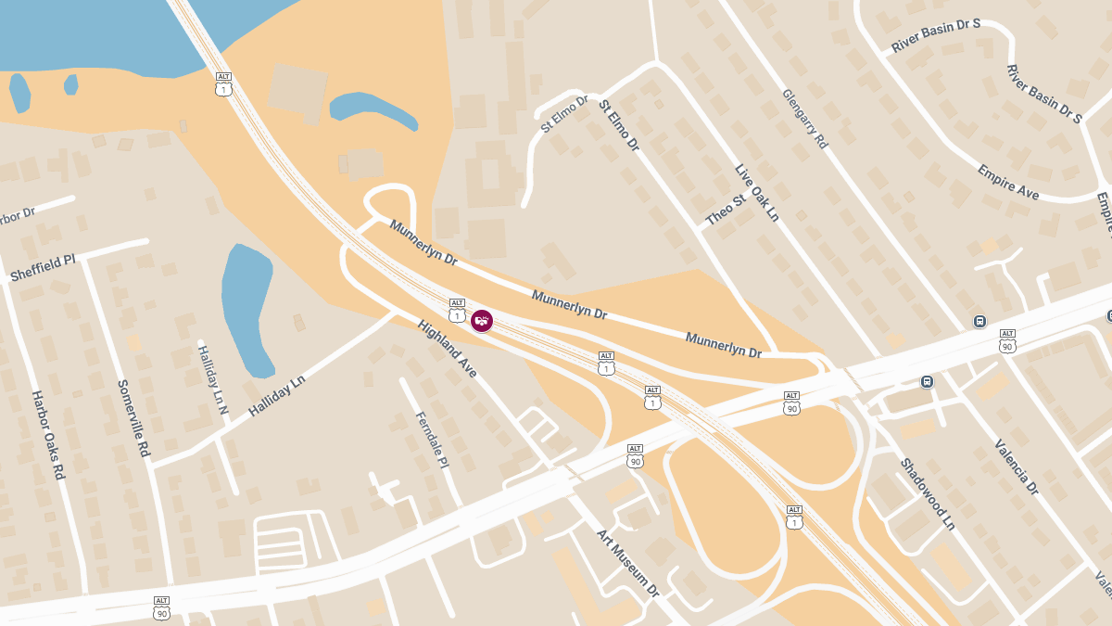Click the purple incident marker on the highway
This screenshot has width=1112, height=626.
pos(481,321)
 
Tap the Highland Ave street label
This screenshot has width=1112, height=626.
pos(447,348)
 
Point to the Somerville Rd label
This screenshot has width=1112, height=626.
pos(133,417)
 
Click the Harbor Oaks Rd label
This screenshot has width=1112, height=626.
pos(48,434)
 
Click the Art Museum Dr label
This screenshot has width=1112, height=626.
pos(627,563)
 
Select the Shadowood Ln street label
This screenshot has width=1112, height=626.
pos(927,492)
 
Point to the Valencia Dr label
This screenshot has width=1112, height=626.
pos(1017,466)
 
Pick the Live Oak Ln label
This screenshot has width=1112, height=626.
pos(756,193)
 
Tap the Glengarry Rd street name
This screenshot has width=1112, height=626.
pos(803,119)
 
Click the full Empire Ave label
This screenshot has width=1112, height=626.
pos(1007,183)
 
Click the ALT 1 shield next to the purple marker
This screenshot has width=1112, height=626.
pos(457,311)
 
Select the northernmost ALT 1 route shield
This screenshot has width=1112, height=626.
pos(223,83)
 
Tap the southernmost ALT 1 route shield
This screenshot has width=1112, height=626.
pos(794,517)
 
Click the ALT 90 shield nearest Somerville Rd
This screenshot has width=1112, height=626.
pos(162,607)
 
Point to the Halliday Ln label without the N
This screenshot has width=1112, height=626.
pos(276,395)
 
